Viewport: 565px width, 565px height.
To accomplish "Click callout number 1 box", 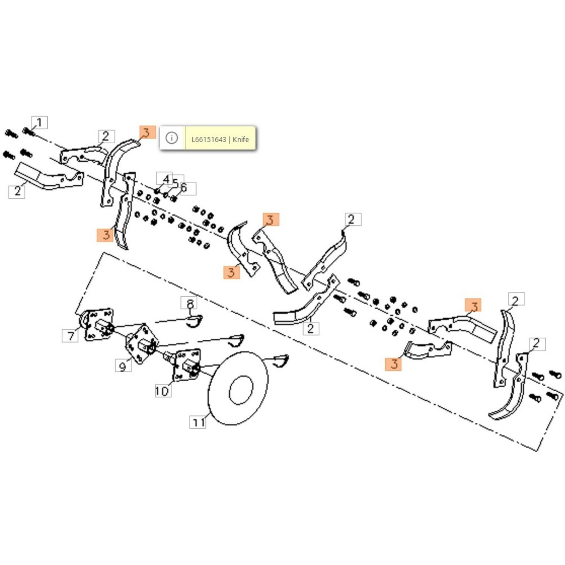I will [39, 123].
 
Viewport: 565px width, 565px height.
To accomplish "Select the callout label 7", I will [70, 335].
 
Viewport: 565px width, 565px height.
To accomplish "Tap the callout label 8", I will [190, 303].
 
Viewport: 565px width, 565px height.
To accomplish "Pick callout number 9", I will [123, 365].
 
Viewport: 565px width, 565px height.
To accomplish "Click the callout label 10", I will [163, 391].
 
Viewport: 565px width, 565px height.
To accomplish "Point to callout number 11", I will [198, 422].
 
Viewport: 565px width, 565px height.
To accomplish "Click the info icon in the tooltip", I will [172, 138].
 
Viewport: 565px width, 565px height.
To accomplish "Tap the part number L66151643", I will [209, 139].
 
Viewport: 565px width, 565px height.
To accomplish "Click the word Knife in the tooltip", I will [241, 139].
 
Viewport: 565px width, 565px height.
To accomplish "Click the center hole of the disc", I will [241, 390].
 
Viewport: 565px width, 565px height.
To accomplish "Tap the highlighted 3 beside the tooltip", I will [147, 132].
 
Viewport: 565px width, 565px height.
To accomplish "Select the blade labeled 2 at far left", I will [49, 177].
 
